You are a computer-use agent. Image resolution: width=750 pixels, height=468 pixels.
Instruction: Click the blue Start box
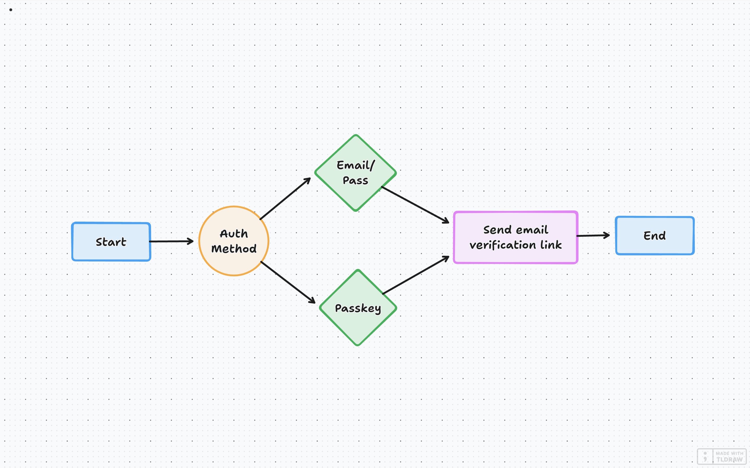[x=111, y=242]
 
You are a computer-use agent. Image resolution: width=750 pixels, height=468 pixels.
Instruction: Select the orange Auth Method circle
[x=234, y=241]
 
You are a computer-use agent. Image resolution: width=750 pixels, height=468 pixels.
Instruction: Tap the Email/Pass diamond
[x=355, y=173]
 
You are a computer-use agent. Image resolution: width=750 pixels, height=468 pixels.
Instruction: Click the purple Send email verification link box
[x=515, y=238]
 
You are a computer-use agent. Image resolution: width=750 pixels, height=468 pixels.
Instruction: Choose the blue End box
[x=655, y=235]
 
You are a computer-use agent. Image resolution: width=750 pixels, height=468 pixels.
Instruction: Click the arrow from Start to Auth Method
[x=171, y=241]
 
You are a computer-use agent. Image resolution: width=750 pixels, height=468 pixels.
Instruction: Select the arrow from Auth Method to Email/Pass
[x=285, y=198]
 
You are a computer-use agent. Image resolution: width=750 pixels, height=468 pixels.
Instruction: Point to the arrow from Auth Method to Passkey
[x=288, y=282]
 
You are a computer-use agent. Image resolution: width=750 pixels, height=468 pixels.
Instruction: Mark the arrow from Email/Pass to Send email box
[x=415, y=205]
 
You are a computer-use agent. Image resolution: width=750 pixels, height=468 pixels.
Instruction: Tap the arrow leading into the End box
[x=593, y=235]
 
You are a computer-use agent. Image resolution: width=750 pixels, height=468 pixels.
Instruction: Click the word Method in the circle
[x=234, y=248]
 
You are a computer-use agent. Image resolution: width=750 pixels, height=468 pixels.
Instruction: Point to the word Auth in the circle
[x=234, y=233]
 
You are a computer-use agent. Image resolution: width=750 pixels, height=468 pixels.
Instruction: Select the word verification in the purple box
[x=503, y=245]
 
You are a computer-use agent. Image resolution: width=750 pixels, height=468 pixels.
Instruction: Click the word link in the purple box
[x=551, y=245]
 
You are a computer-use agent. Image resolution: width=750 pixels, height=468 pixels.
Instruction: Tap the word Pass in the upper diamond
[x=355, y=180]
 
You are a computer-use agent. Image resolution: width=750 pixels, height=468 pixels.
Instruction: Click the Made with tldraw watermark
[x=722, y=456]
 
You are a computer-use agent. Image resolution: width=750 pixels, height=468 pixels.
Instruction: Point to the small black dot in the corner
[x=11, y=10]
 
